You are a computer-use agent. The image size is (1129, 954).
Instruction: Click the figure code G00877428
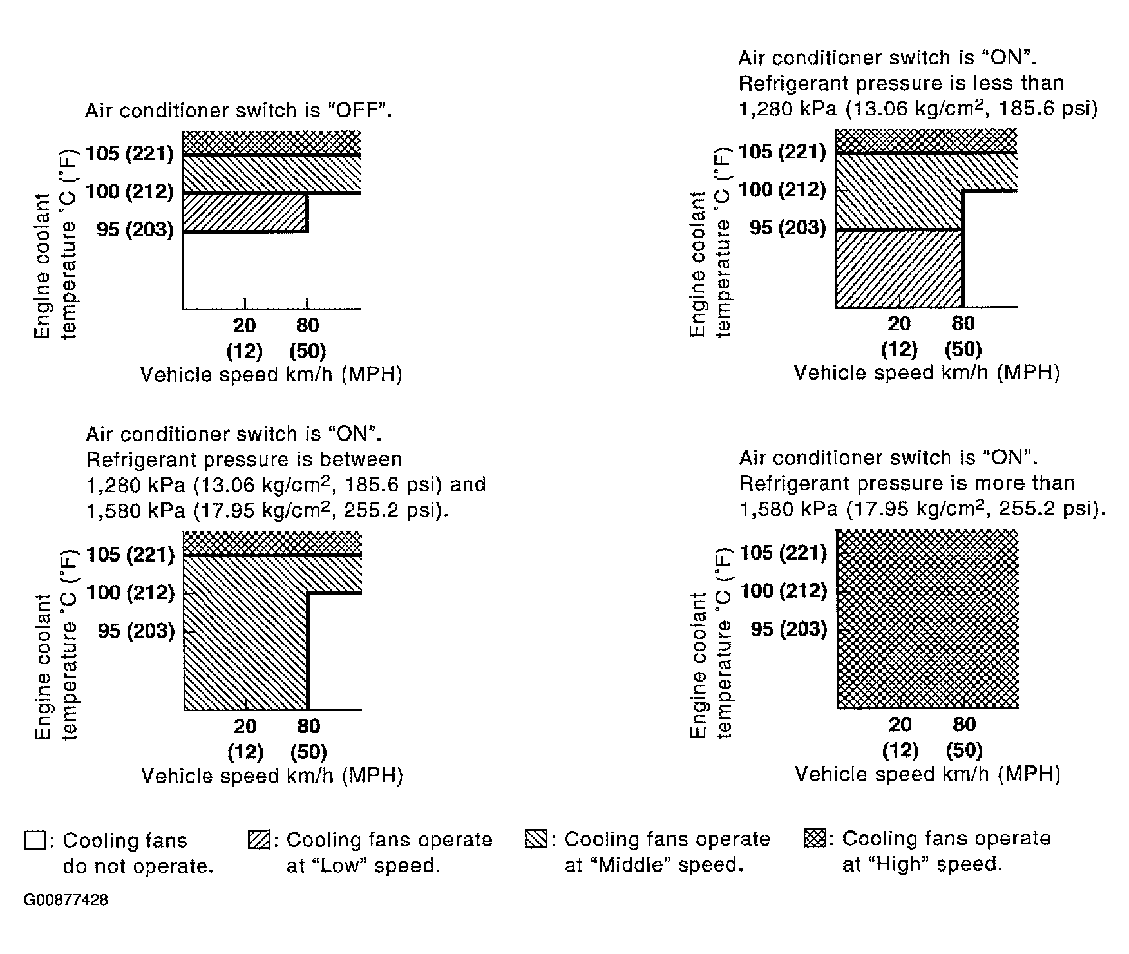tap(66, 900)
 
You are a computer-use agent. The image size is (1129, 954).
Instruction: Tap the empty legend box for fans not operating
tap(33, 841)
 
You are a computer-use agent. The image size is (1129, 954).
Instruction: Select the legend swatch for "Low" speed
tap(258, 841)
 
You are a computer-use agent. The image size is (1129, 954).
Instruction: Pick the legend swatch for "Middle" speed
tap(536, 840)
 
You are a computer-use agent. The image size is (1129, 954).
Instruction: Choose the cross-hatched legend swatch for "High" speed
tap(815, 839)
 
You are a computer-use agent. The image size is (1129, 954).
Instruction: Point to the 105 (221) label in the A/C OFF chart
tap(130, 154)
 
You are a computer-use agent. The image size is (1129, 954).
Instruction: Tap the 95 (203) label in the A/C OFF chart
tap(135, 230)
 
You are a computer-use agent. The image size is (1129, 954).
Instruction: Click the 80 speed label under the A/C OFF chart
tap(308, 325)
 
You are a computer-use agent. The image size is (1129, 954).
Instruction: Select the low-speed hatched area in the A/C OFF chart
tap(245, 213)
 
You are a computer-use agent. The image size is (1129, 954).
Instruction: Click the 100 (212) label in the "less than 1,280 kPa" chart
tap(783, 190)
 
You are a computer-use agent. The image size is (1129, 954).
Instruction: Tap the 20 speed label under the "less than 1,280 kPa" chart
tap(899, 323)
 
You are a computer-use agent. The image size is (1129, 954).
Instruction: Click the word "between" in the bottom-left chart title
tap(363, 459)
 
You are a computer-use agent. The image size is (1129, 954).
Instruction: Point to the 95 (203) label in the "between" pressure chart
tap(137, 631)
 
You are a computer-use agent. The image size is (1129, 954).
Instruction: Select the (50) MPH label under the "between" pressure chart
tap(308, 752)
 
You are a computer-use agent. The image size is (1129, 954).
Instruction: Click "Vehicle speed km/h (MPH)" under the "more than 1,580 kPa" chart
tap(927, 774)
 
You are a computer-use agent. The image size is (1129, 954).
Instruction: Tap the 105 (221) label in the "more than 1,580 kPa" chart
tap(783, 553)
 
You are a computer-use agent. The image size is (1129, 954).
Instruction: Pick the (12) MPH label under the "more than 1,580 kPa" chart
tap(900, 750)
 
